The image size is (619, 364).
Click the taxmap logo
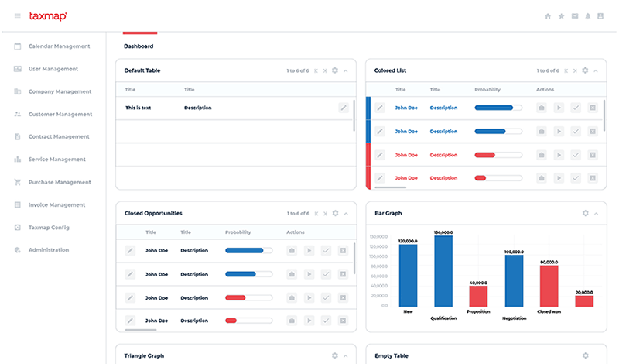click(x=48, y=15)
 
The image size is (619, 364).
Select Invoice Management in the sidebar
click(x=56, y=205)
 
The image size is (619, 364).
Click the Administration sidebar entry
click(x=49, y=250)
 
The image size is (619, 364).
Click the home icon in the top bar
click(x=549, y=15)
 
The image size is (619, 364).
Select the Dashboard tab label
click(x=139, y=46)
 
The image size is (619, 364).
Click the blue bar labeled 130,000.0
click(x=443, y=271)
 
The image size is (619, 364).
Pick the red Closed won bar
click(x=549, y=286)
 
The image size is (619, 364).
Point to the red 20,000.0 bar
click(x=584, y=301)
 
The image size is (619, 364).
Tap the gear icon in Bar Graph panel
click(x=586, y=213)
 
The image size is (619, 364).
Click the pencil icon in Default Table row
click(x=343, y=108)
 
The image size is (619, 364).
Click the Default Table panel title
click(x=142, y=70)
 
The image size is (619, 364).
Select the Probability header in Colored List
click(x=487, y=90)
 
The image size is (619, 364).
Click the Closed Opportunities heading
click(x=153, y=213)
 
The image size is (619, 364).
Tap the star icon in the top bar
click(x=562, y=15)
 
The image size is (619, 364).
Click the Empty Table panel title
click(x=392, y=355)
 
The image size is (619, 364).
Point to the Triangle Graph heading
click(x=145, y=355)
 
